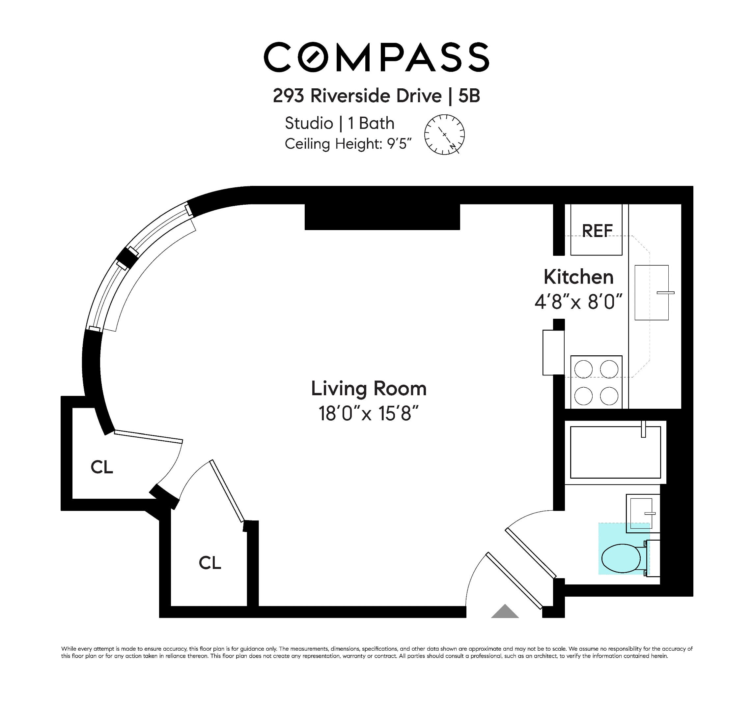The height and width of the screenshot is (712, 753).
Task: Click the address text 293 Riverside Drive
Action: coord(357,96)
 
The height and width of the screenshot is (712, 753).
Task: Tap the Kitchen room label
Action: coord(578,277)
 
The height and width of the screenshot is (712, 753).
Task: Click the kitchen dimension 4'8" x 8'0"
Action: coord(578,302)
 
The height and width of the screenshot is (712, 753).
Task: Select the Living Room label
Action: coord(368,389)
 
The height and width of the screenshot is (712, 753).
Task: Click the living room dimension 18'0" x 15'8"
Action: coord(368,414)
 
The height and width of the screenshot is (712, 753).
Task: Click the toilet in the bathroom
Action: coord(622,558)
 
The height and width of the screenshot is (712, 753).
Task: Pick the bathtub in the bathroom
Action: coord(615,452)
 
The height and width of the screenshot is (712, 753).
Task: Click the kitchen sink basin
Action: coord(651,292)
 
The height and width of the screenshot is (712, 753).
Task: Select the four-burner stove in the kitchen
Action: coord(596,382)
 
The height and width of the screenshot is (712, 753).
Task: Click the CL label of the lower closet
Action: coord(210,563)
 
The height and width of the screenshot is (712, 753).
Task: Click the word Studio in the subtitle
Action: coord(308,123)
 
